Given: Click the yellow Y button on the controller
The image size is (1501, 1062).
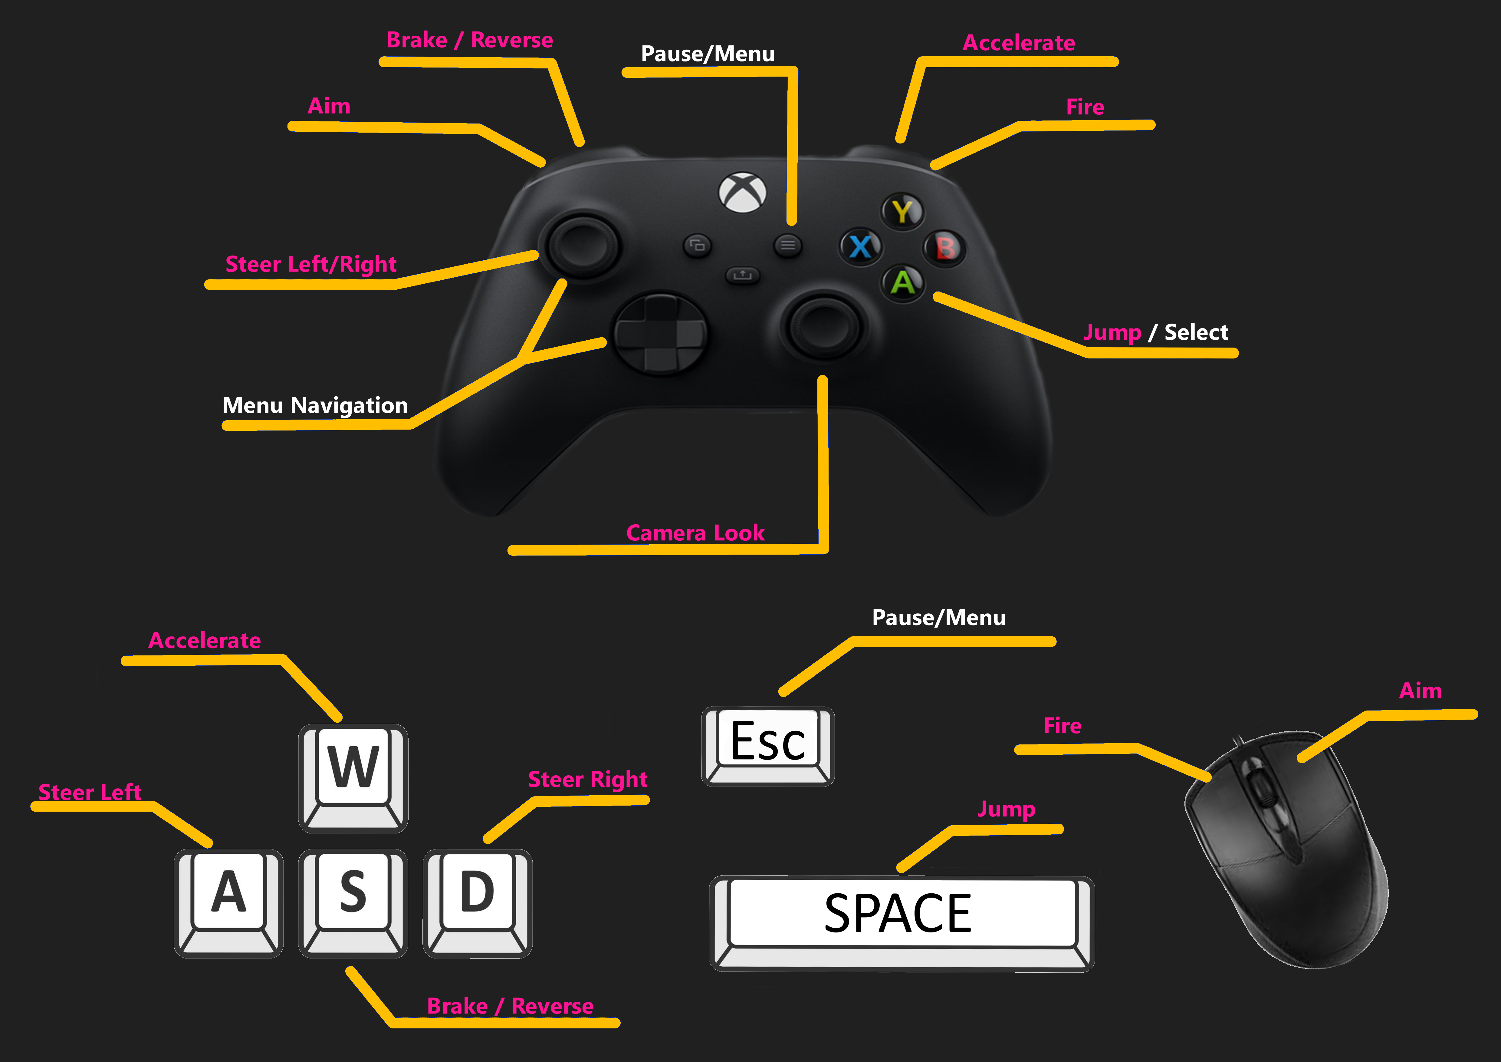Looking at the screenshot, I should (902, 211).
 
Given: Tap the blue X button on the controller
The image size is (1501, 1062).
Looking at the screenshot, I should (860, 246).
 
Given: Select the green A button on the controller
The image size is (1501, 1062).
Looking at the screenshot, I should (903, 282).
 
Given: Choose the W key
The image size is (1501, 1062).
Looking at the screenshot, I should (353, 767).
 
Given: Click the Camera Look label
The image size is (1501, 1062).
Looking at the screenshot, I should (695, 533).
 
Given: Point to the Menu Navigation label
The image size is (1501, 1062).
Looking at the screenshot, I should (315, 405).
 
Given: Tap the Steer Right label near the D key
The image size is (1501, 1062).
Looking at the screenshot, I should (587, 780).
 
